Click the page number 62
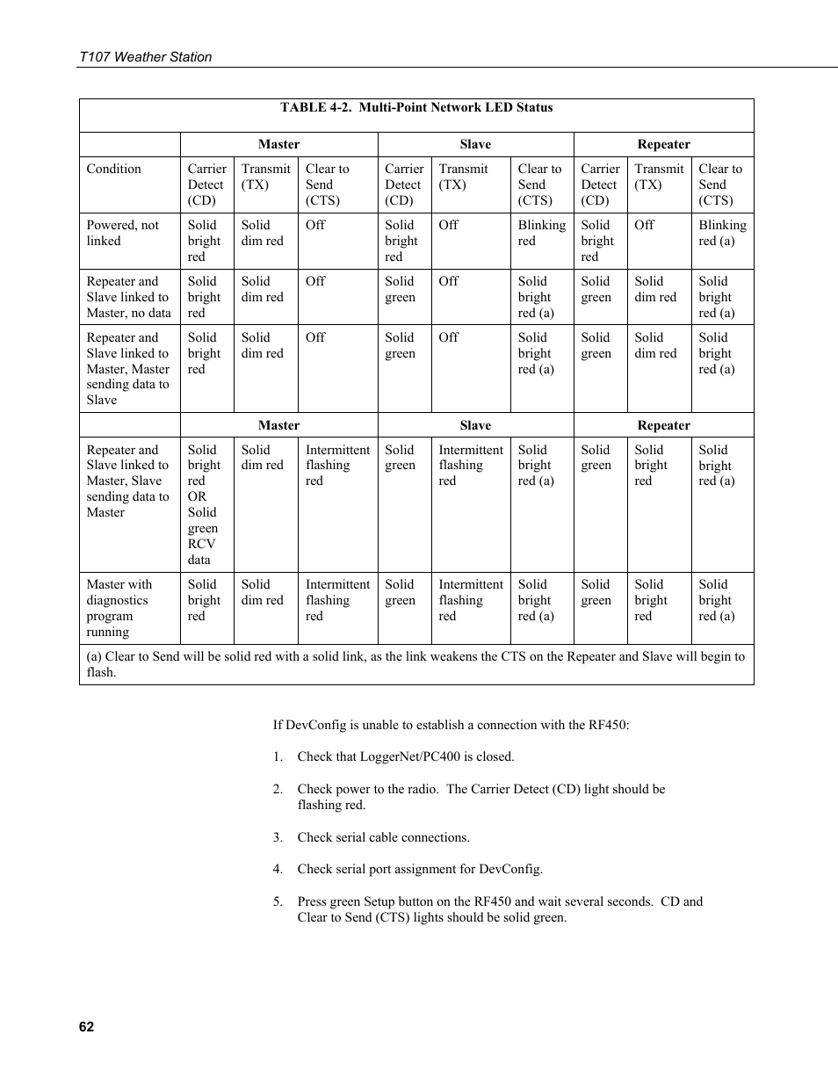pyautogui.click(x=86, y=1027)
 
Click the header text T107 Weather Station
pyautogui.click(x=145, y=57)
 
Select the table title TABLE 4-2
pyautogui.click(x=416, y=108)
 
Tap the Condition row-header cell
pyautogui.click(x=113, y=170)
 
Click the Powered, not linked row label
pyautogui.click(x=122, y=233)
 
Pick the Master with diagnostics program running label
pyautogui.click(x=119, y=608)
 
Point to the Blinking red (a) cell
pyautogui.click(x=722, y=233)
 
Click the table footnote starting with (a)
pyautogui.click(x=415, y=664)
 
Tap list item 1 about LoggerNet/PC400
pyautogui.click(x=405, y=756)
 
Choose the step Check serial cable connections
pyautogui.click(x=383, y=837)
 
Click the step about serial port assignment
pyautogui.click(x=419, y=869)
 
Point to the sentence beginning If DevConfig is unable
pyautogui.click(x=451, y=725)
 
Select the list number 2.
pyautogui.click(x=278, y=789)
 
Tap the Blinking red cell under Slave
pyautogui.click(x=541, y=233)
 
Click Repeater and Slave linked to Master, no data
pyautogui.click(x=128, y=297)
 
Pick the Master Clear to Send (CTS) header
pyautogui.click(x=327, y=184)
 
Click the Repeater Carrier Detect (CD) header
pyautogui.click(x=600, y=184)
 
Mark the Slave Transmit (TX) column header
pyautogui.click(x=463, y=177)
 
